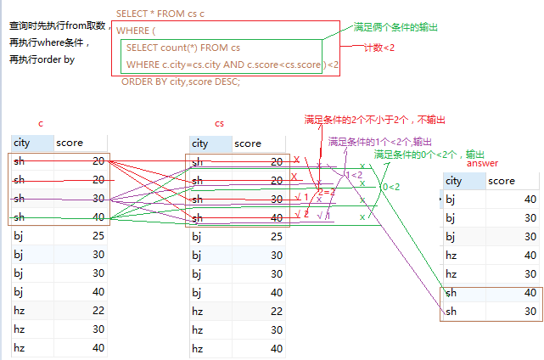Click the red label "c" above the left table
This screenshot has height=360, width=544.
point(41,124)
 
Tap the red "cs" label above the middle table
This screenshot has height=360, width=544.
point(220,124)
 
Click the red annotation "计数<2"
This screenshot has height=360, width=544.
point(379,48)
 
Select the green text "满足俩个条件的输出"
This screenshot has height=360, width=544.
point(396,27)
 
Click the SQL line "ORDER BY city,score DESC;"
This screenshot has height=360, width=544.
point(181,82)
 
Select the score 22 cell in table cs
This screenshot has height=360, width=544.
point(273,312)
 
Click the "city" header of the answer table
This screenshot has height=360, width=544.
point(454,181)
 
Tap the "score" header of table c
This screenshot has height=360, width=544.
point(70,143)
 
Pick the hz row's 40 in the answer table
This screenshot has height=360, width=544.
point(530,255)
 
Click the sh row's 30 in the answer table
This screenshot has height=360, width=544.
point(530,311)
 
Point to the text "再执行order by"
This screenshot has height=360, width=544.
point(41,59)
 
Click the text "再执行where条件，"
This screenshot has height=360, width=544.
point(48,42)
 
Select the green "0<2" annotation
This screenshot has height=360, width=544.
point(391,187)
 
